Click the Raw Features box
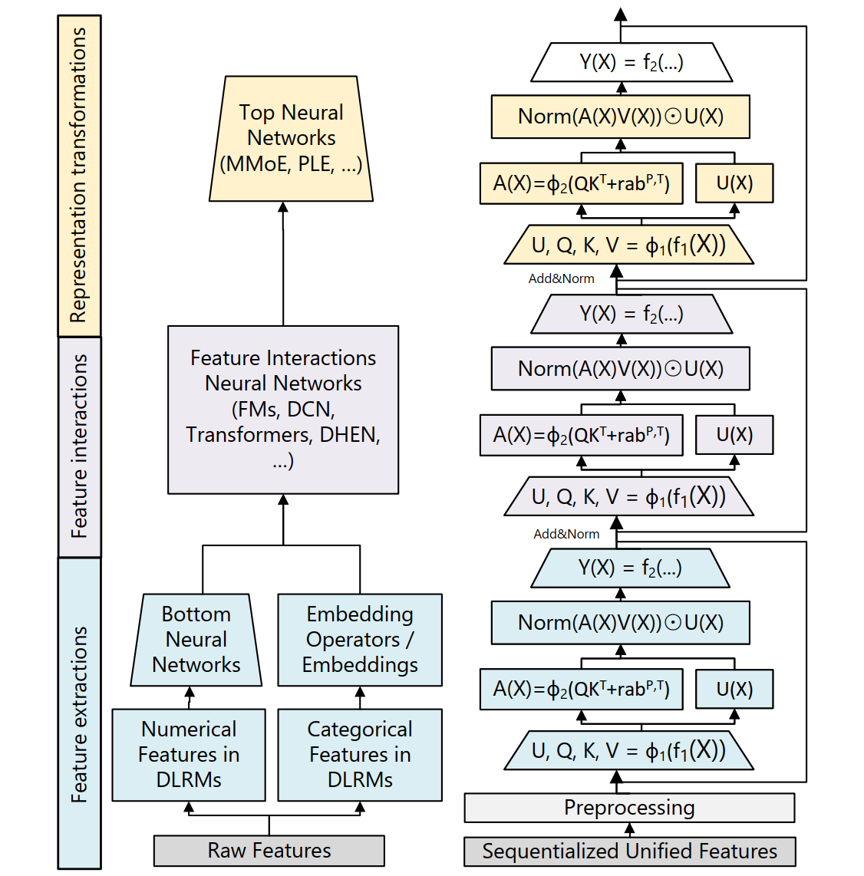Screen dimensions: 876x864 [269, 851]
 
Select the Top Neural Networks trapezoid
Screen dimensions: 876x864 [291, 139]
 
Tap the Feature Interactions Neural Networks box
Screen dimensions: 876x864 [283, 410]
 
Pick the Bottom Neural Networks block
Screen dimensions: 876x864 [196, 640]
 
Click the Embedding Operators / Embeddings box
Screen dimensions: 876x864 [360, 640]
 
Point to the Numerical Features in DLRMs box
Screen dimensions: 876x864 [189, 755]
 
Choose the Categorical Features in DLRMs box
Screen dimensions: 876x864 [360, 755]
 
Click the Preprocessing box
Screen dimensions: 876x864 [629, 808]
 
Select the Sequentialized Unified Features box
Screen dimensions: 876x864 [629, 851]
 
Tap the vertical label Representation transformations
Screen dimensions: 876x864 [79, 176]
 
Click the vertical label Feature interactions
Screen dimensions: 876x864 [79, 446]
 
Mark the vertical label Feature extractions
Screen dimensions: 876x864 [79, 713]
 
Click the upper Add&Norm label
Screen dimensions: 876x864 [561, 279]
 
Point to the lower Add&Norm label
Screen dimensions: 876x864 [566, 534]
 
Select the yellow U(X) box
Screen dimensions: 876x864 [734, 183]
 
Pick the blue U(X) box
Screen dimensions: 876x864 [734, 690]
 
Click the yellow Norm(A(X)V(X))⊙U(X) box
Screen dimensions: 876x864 [620, 117]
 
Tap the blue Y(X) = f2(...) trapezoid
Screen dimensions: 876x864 [630, 568]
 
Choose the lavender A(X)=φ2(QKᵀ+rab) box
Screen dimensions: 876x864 [581, 436]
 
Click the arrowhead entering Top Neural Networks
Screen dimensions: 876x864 [283, 207]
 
